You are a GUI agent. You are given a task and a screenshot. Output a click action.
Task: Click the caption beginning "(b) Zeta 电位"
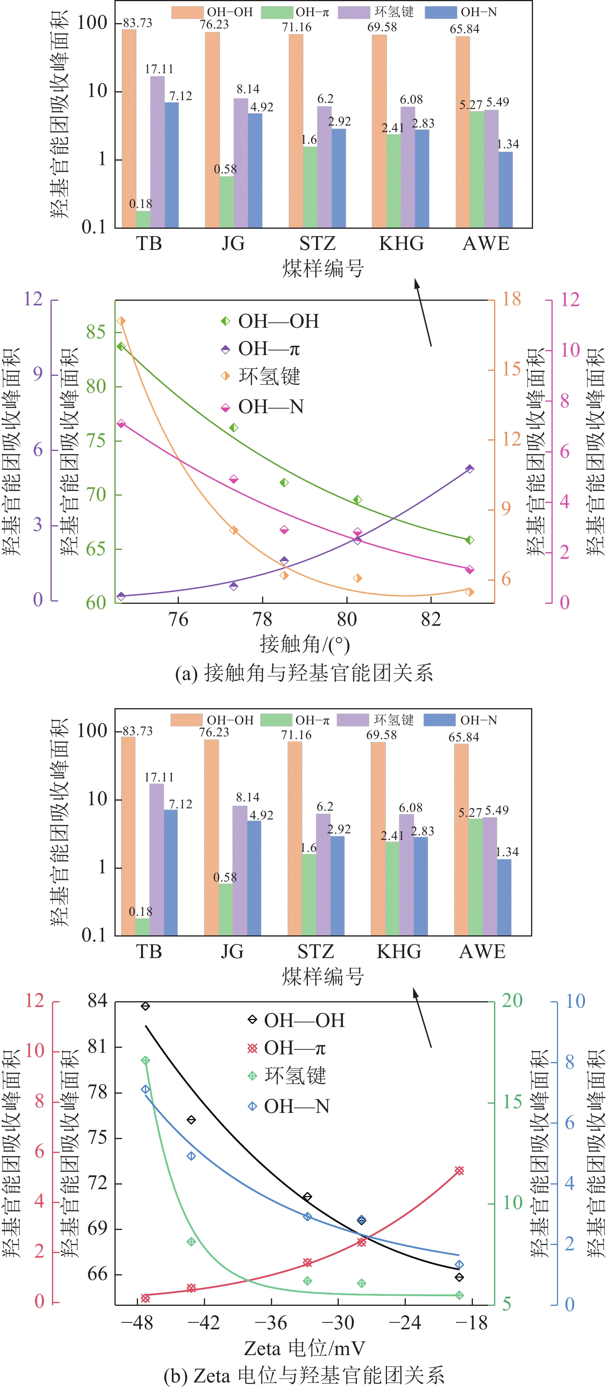coord(304,1376)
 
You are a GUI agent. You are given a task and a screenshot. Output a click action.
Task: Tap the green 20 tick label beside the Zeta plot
coord(512,1001)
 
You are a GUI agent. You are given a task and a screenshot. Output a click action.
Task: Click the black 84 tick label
coord(97,1001)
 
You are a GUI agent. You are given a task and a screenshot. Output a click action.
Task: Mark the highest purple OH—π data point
coord(469,469)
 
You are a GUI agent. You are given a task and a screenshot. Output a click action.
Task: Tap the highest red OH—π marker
coord(459,1171)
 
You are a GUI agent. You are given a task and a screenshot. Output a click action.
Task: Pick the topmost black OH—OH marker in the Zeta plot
coord(145,1006)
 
